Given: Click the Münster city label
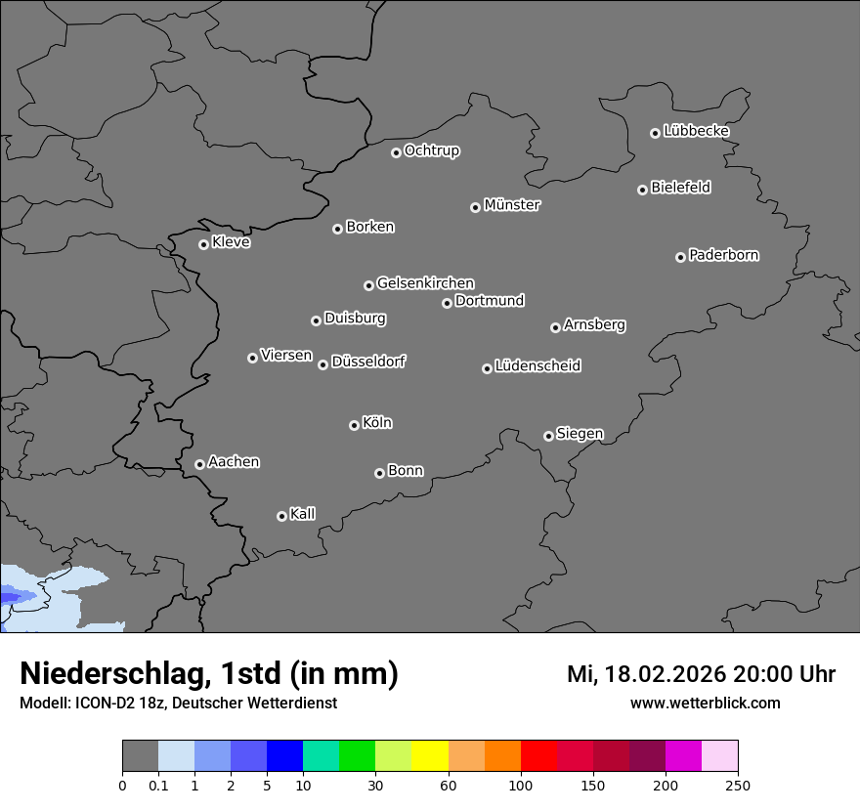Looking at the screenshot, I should [512, 205].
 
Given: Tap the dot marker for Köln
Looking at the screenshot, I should [354, 425].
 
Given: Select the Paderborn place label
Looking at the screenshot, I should [724, 255].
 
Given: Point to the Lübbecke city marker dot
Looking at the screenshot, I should [655, 133].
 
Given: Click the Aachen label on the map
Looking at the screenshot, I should [234, 462].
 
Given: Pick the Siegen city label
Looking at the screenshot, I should [580, 434].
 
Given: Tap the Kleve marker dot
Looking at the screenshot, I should [203, 244].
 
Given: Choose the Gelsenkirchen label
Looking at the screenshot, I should [425, 283].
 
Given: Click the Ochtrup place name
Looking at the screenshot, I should [432, 150].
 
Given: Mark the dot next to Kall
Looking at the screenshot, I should [281, 516].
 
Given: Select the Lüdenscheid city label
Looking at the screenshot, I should [537, 366].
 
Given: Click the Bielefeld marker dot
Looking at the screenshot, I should [642, 190].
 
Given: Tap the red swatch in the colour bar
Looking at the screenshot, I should [538, 756].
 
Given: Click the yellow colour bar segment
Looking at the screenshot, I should [430, 756].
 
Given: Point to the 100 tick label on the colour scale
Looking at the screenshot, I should [521, 785].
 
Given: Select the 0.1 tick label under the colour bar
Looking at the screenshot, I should [157, 785].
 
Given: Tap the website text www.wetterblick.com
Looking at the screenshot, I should [705, 704].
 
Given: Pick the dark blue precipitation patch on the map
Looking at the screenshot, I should [13, 595].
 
